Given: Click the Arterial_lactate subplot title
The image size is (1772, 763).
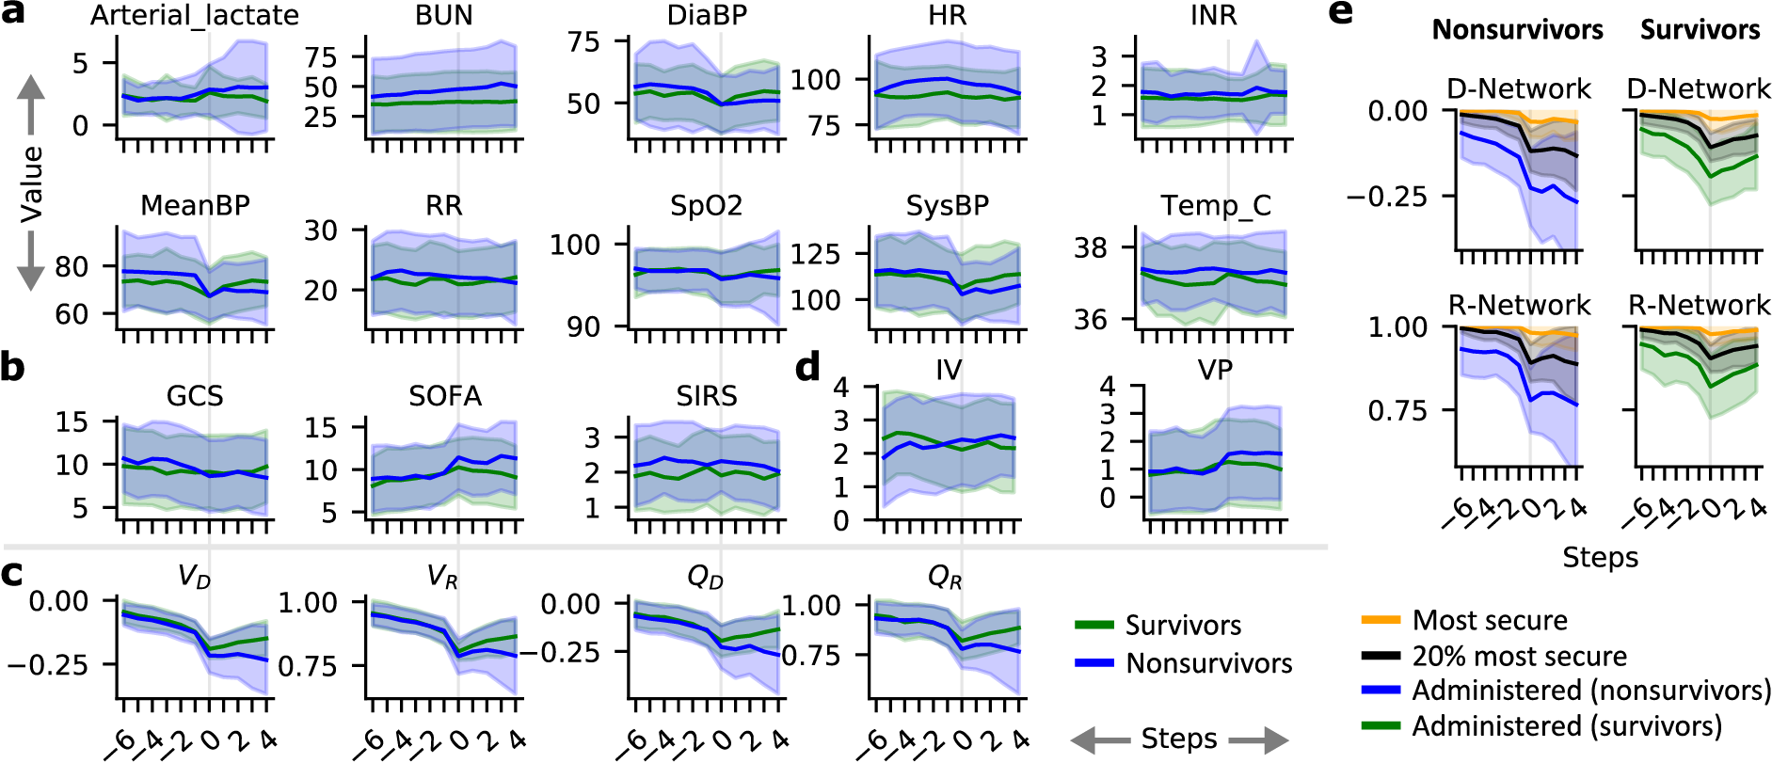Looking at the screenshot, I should [195, 16].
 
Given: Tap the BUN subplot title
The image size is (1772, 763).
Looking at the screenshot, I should [444, 16].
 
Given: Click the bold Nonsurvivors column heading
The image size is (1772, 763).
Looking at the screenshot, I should [1517, 30].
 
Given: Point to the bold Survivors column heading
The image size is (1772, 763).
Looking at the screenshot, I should [1700, 30].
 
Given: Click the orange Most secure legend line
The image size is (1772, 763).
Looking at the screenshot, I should [1381, 621].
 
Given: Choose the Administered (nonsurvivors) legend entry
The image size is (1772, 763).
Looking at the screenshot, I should [1590, 691].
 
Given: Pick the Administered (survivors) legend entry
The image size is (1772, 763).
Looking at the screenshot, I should [1566, 726].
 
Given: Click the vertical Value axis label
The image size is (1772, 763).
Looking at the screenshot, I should [32, 184].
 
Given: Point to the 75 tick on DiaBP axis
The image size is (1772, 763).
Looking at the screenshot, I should [583, 41].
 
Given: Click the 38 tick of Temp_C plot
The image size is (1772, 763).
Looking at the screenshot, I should [1091, 247].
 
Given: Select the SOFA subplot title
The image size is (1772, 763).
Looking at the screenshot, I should [444, 396].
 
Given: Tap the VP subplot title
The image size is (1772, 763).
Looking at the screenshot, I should [1214, 370].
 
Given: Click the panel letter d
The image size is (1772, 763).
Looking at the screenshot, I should [807, 368].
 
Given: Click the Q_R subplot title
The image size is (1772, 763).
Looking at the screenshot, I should [944, 577].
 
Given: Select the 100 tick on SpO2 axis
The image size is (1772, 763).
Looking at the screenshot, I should [575, 245].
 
